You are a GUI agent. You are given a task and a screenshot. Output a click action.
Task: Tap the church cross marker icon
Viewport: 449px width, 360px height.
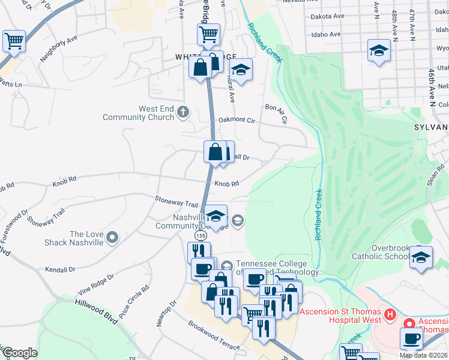[183, 111]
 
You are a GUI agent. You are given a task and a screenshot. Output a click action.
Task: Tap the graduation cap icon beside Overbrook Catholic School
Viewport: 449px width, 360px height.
[421, 258]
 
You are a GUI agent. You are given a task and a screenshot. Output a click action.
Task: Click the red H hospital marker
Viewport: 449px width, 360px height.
[390, 314]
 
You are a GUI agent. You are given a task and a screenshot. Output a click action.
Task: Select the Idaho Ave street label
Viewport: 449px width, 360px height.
[327, 35]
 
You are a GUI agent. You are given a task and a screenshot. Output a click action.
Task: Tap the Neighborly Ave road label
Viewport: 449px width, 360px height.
[59, 49]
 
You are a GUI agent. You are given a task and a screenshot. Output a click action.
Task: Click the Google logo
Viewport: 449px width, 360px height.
[20, 353]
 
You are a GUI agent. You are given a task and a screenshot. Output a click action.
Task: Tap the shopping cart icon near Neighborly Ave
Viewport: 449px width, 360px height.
[14, 41]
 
